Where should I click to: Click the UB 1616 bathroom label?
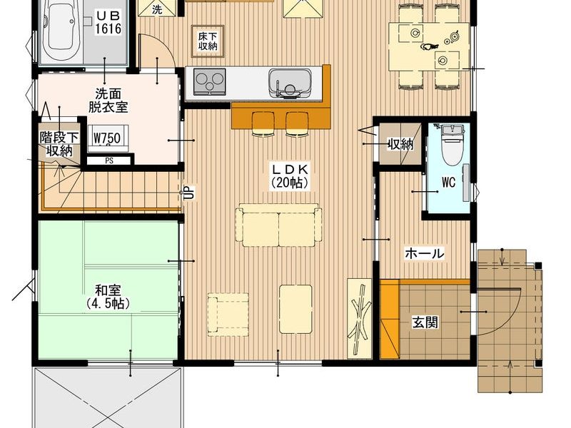tap(108, 23)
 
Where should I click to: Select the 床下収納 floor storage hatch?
tap(208, 41)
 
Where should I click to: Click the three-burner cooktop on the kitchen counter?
tap(208, 81)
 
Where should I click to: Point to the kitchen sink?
tap(290, 83)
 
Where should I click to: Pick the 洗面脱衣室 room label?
tap(108, 100)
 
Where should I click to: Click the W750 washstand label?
tap(107, 138)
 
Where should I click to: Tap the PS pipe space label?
tap(109, 160)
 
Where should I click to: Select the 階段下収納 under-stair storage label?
tap(59, 144)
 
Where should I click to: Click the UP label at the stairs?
tap(190, 193)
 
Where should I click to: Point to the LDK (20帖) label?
tap(290, 175)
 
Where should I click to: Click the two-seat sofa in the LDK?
tap(279, 225)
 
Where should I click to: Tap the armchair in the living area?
tap(228, 314)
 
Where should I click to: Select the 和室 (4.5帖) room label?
tap(108, 297)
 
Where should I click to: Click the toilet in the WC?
tap(451, 144)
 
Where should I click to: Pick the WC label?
tap(449, 183)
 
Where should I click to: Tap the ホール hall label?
tap(425, 253)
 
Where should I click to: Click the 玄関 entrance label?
tap(425, 322)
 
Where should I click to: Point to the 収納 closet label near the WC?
tap(400, 145)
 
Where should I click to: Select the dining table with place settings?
tap(429, 46)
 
